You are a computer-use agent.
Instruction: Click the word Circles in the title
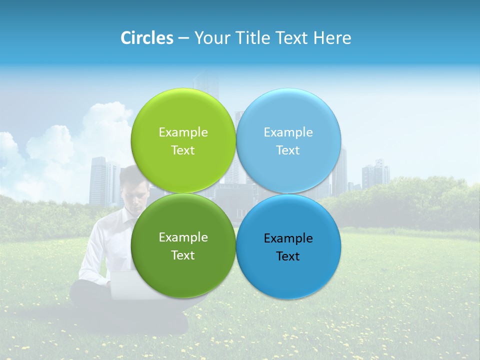pos(146,38)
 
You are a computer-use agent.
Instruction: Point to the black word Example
pos(288,238)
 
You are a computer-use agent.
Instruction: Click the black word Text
pos(288,256)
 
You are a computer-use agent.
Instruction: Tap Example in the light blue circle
pos(288,132)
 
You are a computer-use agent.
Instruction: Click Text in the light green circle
pos(183,150)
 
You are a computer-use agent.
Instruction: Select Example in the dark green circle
pos(183,237)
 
